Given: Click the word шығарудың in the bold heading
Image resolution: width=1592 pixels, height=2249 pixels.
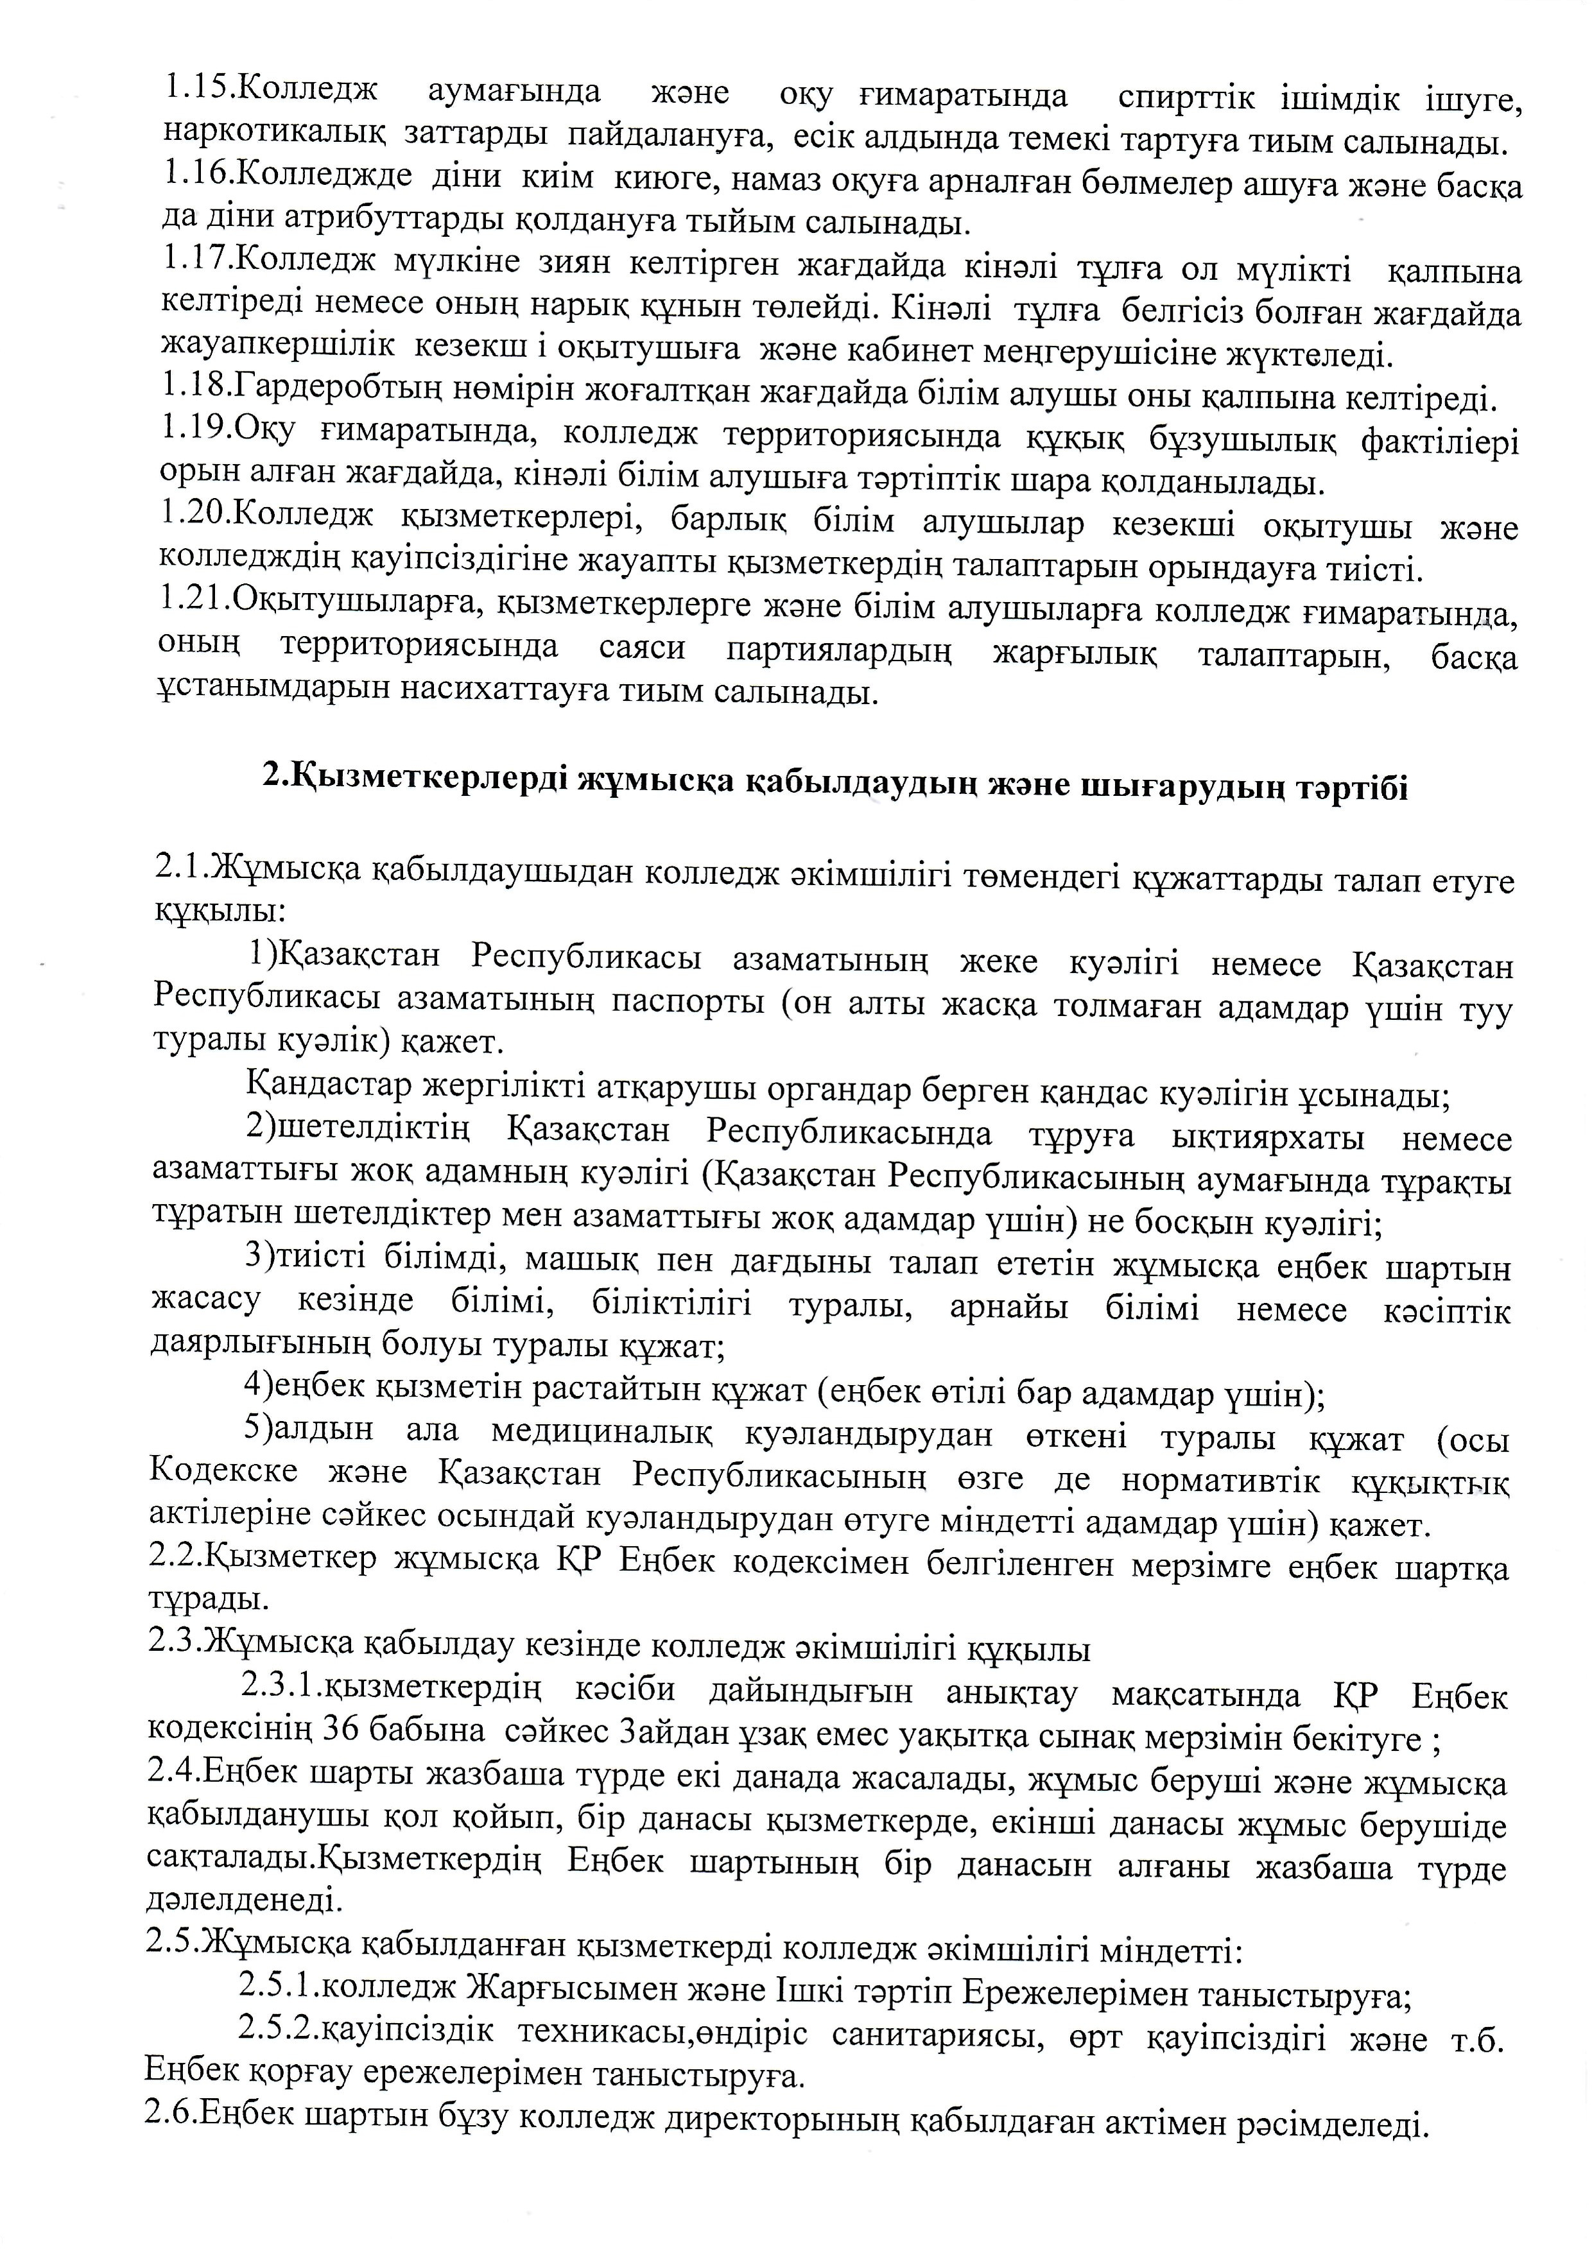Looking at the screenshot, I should pyautogui.click(x=1166, y=787).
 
